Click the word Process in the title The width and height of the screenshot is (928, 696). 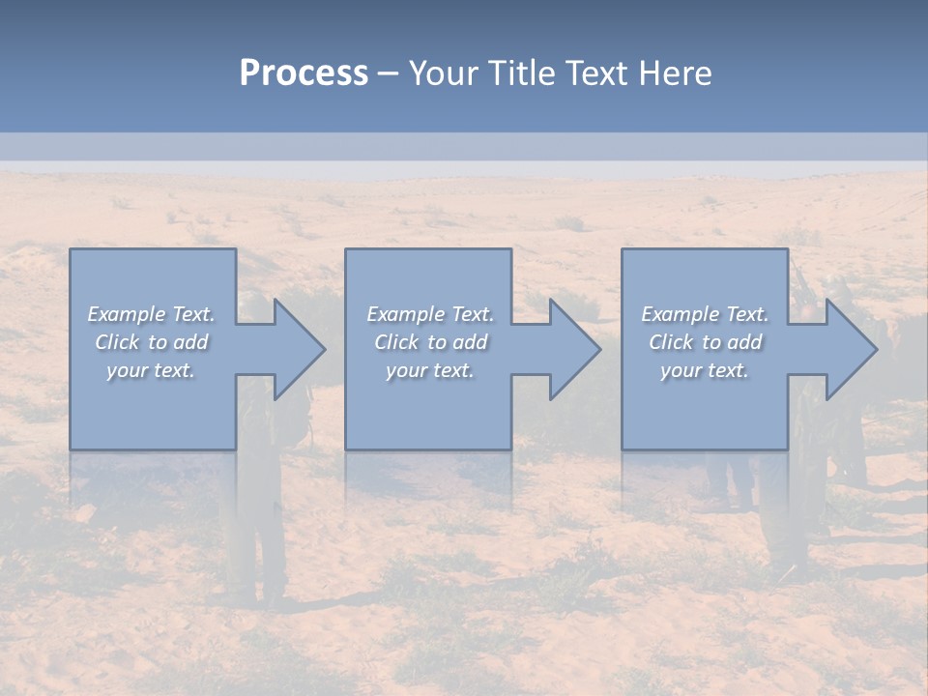pyautogui.click(x=304, y=73)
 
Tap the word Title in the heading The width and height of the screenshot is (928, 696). pyautogui.click(x=527, y=73)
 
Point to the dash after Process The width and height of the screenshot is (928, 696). pyautogui.click(x=388, y=74)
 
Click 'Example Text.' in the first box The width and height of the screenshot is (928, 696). pyautogui.click(x=151, y=314)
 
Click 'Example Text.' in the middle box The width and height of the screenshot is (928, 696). pyautogui.click(x=430, y=314)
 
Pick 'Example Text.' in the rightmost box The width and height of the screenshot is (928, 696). pyautogui.click(x=705, y=314)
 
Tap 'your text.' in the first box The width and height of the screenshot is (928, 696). pyautogui.click(x=151, y=370)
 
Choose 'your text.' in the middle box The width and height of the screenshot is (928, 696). pyautogui.click(x=430, y=370)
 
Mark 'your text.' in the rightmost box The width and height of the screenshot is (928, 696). pyautogui.click(x=705, y=370)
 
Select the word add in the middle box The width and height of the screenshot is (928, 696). pyautogui.click(x=471, y=342)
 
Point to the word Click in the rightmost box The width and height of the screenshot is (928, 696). pyautogui.click(x=672, y=342)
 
